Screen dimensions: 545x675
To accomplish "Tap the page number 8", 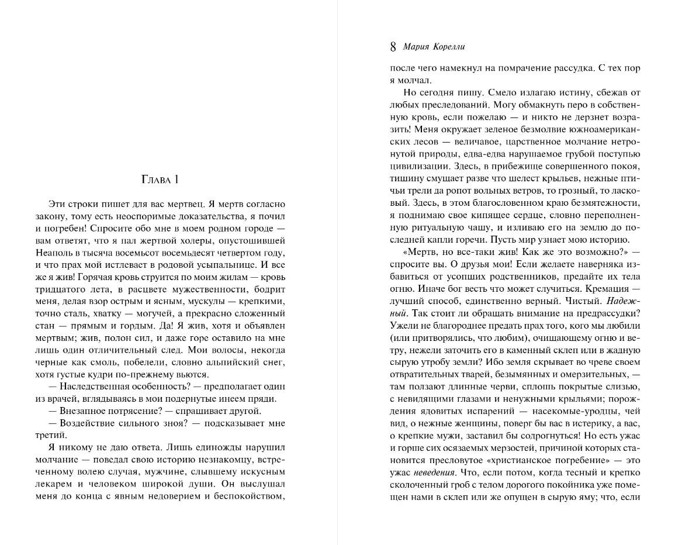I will [x=393, y=47].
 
